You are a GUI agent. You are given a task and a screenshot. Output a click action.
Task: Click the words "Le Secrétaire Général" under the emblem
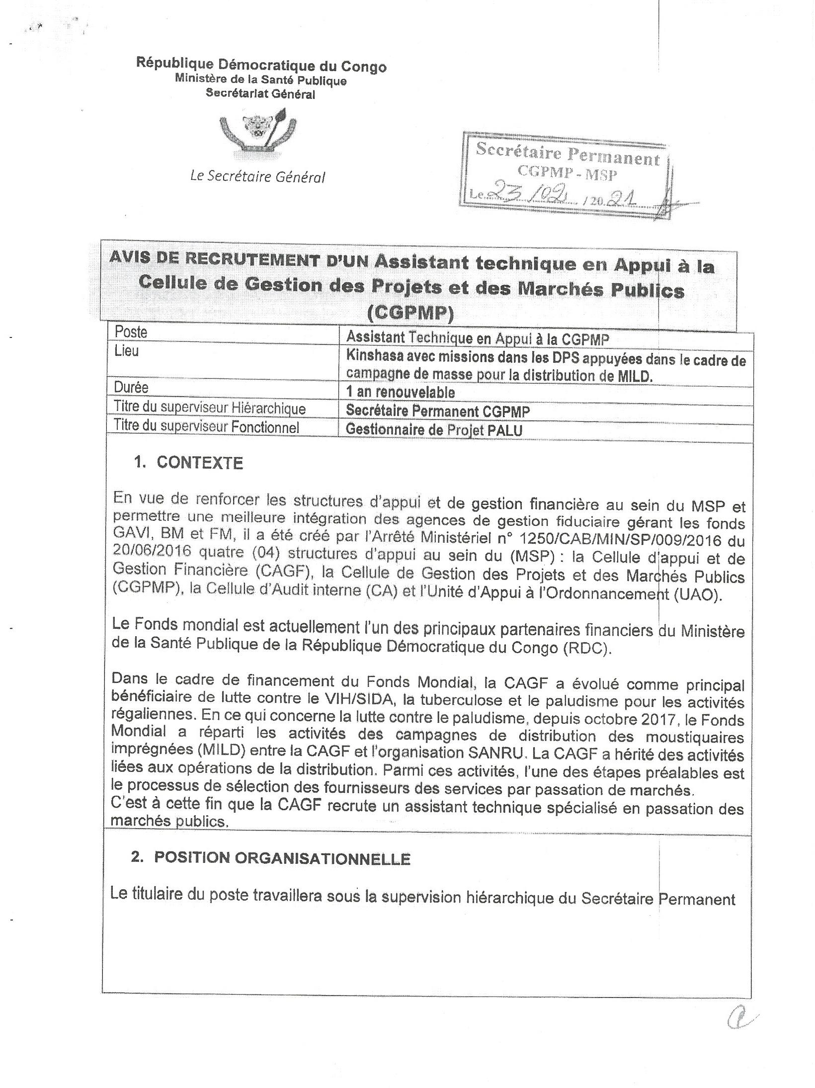pos(257,176)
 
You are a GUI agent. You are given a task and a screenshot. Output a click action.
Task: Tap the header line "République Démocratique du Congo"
pos(261,65)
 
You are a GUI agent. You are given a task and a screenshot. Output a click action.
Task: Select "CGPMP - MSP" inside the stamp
pos(566,174)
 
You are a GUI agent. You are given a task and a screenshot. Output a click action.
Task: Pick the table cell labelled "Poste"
pos(131,332)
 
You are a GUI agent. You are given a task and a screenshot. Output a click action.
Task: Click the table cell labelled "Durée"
pos(131,387)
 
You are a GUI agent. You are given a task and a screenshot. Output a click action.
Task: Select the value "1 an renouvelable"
pos(400,392)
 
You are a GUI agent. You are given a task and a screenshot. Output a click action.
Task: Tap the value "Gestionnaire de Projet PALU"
pos(434,429)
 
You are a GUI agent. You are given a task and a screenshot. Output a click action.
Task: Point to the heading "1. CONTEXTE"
pos(188,463)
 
